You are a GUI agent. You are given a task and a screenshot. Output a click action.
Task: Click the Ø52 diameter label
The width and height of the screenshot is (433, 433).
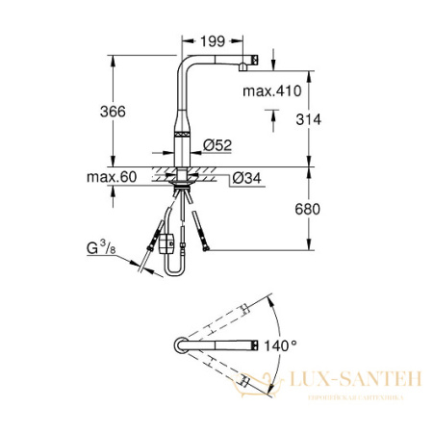(x=218, y=145)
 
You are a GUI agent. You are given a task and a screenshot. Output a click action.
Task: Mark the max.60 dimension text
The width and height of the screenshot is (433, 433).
(x=115, y=177)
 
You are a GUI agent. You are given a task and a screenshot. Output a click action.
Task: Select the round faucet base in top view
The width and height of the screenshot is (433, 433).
(x=180, y=345)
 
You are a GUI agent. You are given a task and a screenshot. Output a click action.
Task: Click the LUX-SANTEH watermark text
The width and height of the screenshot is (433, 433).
(x=355, y=382)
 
